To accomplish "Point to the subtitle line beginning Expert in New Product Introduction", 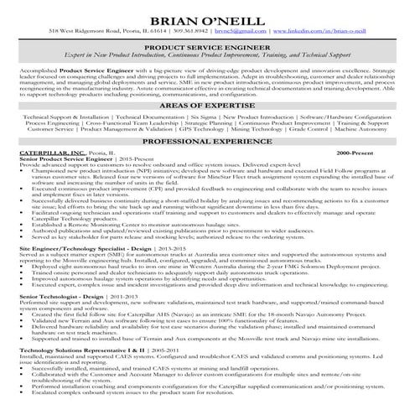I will pos(206,67).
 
